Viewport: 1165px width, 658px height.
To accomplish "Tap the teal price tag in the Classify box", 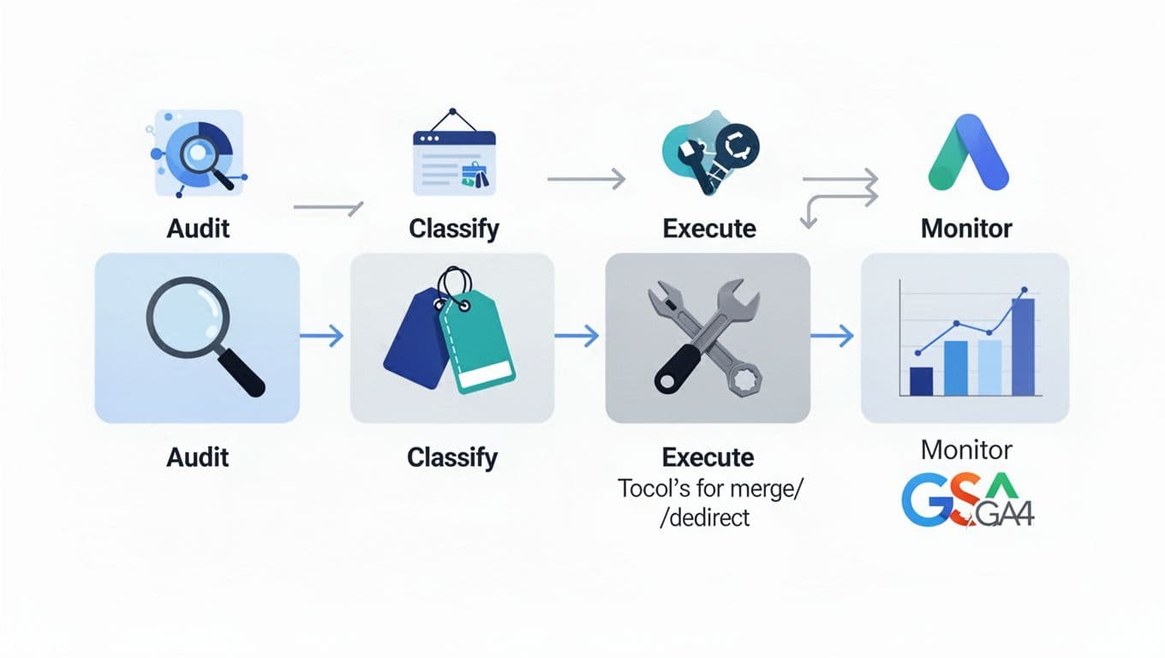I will pyautogui.click(x=478, y=343).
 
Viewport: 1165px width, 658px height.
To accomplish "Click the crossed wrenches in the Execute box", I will pyautogui.click(x=708, y=338).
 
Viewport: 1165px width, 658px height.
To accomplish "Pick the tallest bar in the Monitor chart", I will pyautogui.click(x=1023, y=346).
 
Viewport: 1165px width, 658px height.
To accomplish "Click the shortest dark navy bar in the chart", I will pyautogui.click(x=921, y=380).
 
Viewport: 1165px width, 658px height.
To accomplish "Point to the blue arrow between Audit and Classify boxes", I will pyautogui.click(x=325, y=336).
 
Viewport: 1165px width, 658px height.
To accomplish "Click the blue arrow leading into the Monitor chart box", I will pyautogui.click(x=832, y=336).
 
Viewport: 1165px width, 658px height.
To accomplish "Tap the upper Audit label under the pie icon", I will pyautogui.click(x=199, y=228).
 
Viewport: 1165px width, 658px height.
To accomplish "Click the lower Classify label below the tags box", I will pyautogui.click(x=452, y=457).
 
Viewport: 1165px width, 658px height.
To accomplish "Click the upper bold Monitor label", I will pyautogui.click(x=966, y=228).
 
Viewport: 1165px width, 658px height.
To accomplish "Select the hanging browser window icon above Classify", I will pyautogui.click(x=454, y=156).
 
